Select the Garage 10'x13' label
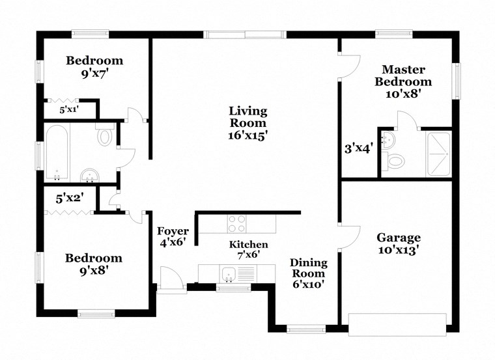click(399, 243)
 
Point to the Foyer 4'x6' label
click(173, 237)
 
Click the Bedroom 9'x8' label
click(94, 264)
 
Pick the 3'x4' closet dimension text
click(358, 148)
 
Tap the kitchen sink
click(228, 273)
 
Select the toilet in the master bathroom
click(394, 160)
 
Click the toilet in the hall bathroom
click(104, 137)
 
